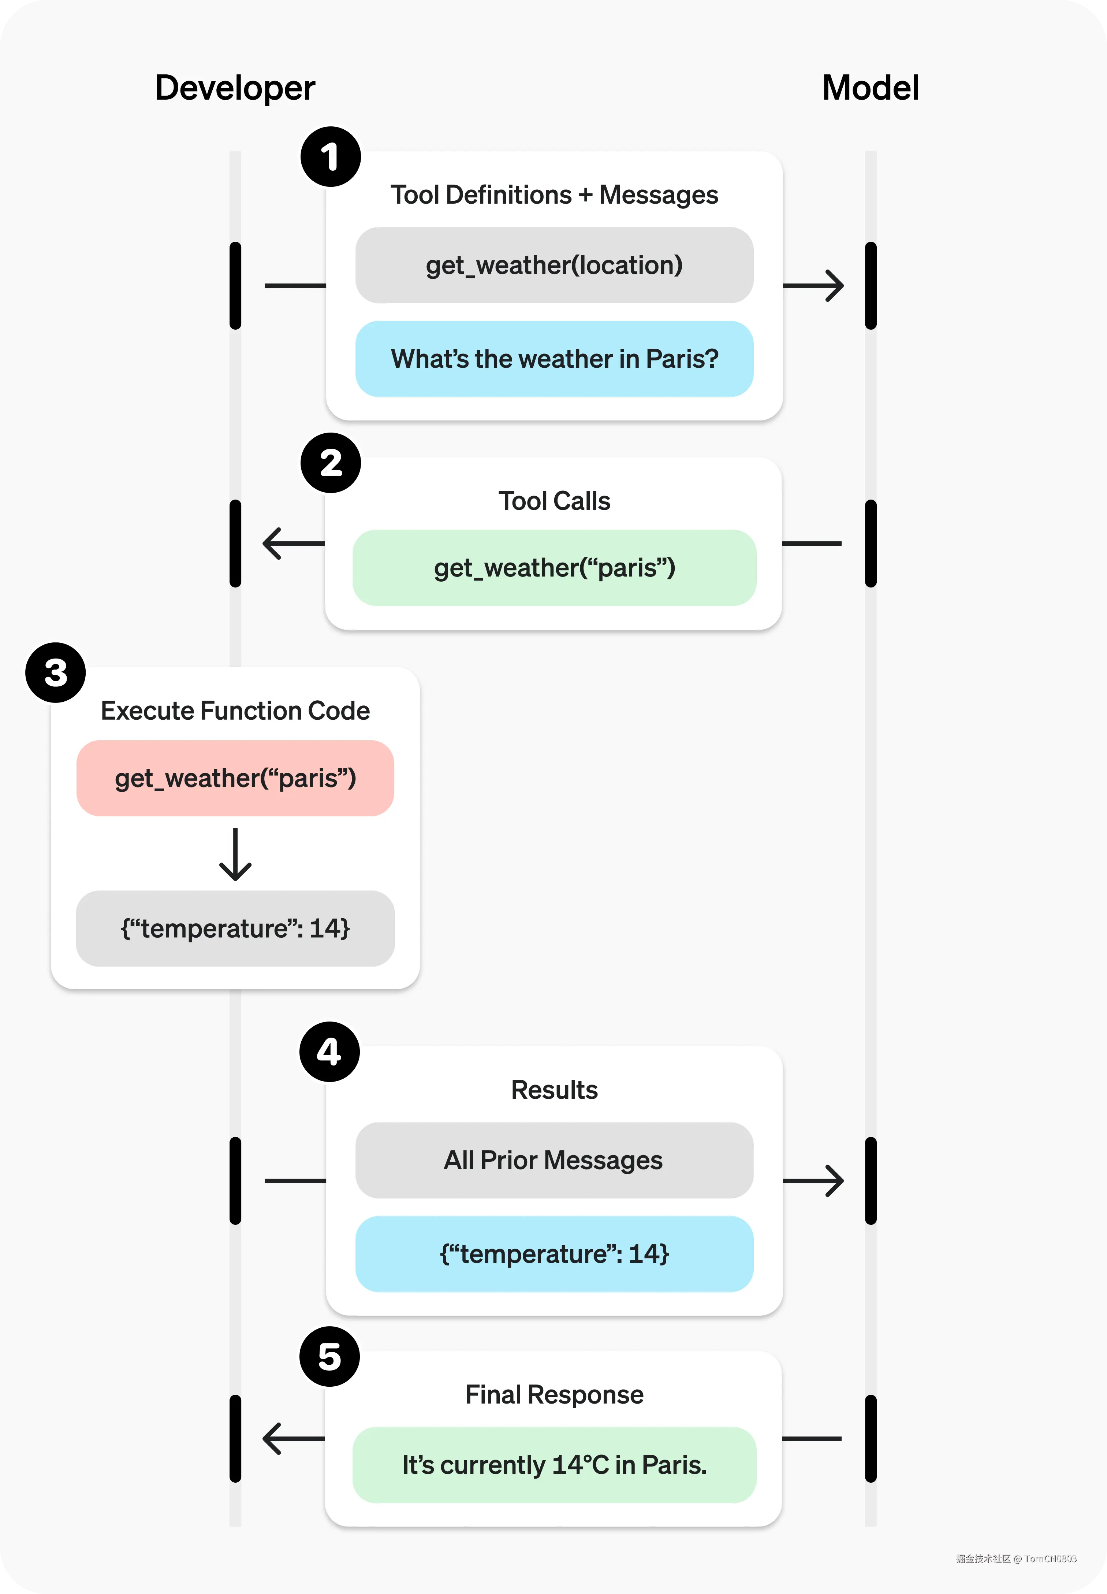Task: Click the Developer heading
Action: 234,88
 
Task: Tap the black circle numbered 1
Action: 330,157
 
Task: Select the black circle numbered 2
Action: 330,463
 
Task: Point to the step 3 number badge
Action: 56,672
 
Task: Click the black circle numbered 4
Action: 329,1051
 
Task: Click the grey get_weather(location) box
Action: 554,265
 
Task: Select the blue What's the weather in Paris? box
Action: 554,359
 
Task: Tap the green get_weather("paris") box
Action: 554,568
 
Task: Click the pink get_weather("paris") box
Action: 235,778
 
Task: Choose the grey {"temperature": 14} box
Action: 235,928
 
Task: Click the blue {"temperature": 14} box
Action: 554,1254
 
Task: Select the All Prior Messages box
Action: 554,1160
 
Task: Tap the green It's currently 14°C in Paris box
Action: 554,1465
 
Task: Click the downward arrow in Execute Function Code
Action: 235,855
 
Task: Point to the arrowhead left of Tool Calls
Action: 272,544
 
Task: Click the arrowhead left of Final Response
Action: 272,1439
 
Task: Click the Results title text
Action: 554,1090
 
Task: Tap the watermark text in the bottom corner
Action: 1016,1558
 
